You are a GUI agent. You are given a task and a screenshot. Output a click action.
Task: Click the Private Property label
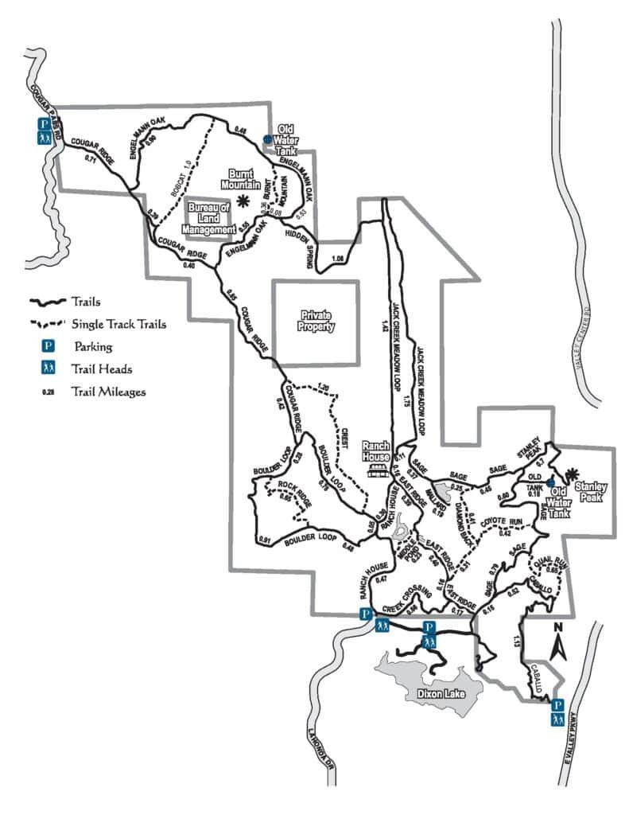tap(316, 321)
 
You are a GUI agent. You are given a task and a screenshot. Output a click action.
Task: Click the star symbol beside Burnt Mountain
tap(245, 201)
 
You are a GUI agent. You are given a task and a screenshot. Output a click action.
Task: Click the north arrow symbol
tap(558, 641)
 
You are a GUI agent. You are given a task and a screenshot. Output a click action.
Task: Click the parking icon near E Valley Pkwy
tap(557, 705)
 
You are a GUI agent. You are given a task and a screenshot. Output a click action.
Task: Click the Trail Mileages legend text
tap(108, 391)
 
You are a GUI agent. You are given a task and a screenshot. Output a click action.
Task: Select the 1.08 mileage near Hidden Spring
tap(338, 258)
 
